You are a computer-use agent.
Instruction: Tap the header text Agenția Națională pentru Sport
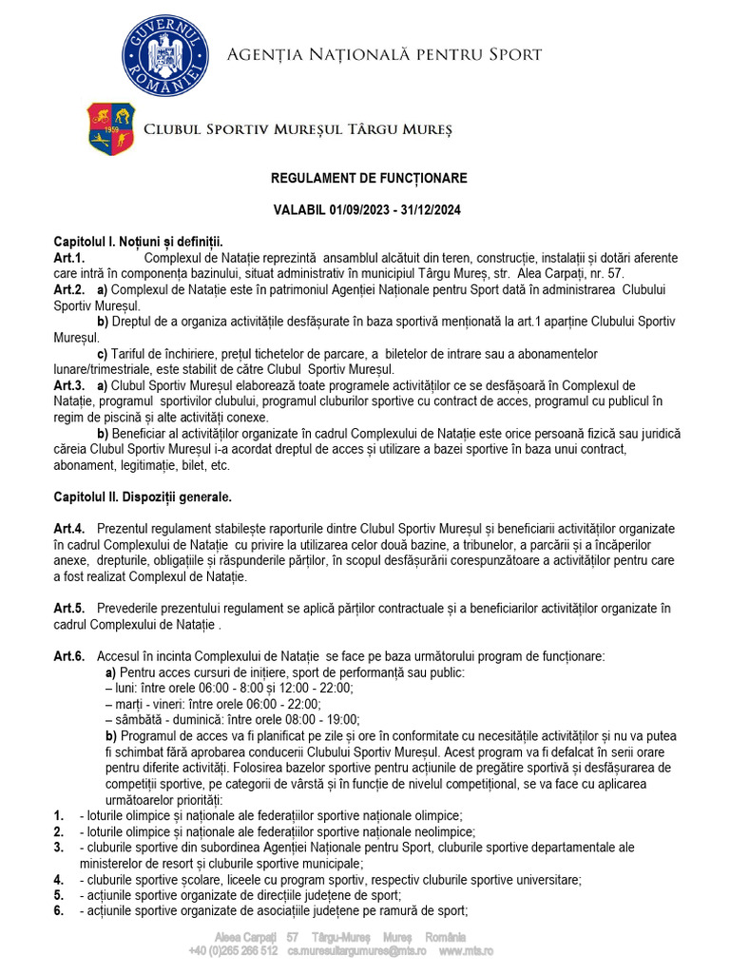tap(384, 54)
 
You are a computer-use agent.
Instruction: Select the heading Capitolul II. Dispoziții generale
tap(143, 497)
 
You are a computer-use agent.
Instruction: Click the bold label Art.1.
tap(69, 258)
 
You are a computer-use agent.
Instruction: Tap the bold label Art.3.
tap(69, 385)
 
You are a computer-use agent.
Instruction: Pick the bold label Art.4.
tap(69, 528)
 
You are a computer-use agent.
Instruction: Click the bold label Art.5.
tap(69, 608)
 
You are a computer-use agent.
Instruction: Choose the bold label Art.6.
tap(69, 656)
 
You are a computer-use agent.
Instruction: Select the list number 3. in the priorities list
tap(59, 847)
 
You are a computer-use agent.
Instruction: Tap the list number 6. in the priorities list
tap(59, 910)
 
